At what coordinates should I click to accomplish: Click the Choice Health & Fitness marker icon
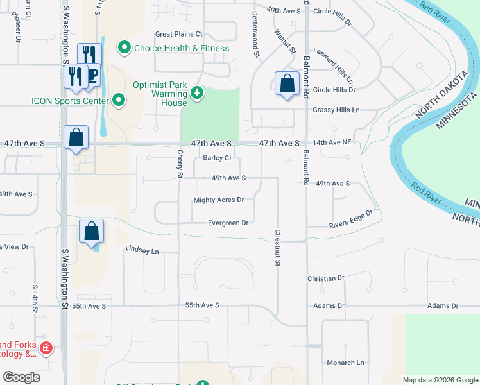click(x=124, y=48)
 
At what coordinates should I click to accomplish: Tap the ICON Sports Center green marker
click(x=119, y=99)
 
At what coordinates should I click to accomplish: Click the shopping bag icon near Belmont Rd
click(x=287, y=83)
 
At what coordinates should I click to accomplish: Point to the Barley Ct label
click(x=217, y=158)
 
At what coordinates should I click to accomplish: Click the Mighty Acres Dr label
click(x=218, y=200)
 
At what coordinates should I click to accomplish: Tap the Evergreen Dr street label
click(x=228, y=223)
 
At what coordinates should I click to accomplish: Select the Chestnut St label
click(x=279, y=248)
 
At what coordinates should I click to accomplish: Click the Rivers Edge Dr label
click(x=351, y=220)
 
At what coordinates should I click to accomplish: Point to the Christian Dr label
click(x=326, y=278)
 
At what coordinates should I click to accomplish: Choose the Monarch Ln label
click(x=346, y=363)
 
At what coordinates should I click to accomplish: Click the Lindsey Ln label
click(x=142, y=250)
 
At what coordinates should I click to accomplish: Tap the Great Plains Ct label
click(x=178, y=34)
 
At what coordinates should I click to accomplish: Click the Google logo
click(x=21, y=377)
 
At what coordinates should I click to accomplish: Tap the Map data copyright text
click(x=440, y=380)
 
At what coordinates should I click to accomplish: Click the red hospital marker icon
click(x=46, y=348)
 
